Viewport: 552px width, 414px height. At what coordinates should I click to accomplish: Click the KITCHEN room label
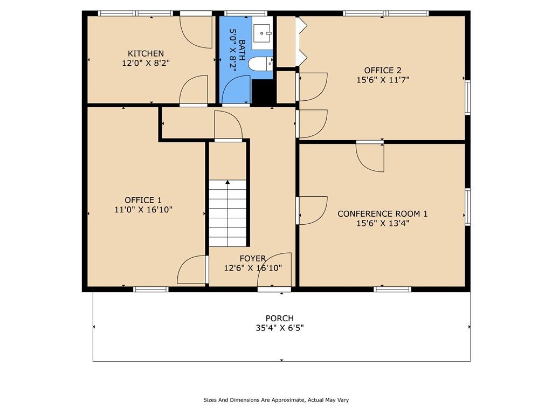click(x=146, y=53)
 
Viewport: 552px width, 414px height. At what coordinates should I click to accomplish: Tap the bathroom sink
click(x=263, y=33)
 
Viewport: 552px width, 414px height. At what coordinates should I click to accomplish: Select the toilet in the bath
click(x=260, y=64)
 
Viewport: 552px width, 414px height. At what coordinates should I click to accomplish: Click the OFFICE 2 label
click(x=383, y=71)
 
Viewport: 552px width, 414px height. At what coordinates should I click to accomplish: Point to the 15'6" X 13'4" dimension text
click(x=383, y=223)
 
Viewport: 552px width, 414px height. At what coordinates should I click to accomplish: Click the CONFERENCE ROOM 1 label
click(x=383, y=213)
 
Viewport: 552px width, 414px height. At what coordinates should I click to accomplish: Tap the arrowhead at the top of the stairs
click(x=228, y=182)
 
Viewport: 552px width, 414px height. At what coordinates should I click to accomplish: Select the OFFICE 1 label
click(x=143, y=200)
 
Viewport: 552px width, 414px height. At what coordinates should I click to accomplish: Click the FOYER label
click(x=253, y=259)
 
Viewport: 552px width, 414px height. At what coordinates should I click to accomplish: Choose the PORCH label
click(x=280, y=318)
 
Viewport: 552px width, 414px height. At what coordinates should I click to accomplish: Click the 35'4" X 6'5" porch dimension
click(x=280, y=328)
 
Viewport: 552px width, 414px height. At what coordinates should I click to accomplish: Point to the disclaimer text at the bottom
click(x=276, y=400)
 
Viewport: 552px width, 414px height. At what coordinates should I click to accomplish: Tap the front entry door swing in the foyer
click(x=274, y=271)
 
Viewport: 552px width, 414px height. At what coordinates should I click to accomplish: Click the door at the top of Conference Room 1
click(x=370, y=157)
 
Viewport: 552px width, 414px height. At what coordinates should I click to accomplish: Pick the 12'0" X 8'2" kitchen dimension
click(x=146, y=64)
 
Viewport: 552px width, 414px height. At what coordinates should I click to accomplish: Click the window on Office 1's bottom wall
click(x=151, y=289)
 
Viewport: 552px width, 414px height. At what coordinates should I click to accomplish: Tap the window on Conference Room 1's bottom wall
click(x=392, y=289)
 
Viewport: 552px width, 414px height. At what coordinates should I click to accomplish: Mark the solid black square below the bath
click(x=264, y=92)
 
